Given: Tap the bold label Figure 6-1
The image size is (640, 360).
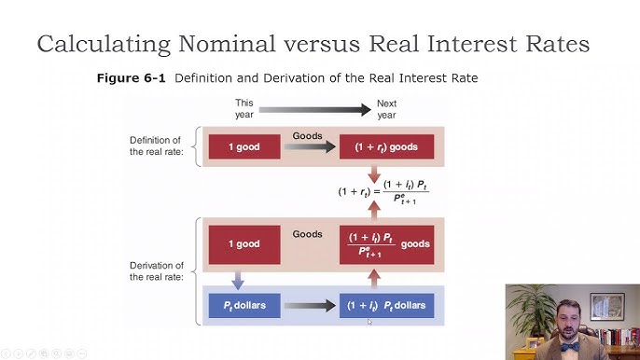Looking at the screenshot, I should click(132, 78).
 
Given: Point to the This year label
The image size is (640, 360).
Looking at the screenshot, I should click(244, 109).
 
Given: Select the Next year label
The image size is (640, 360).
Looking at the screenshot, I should click(386, 109).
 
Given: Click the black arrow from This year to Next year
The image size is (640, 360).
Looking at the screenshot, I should click(315, 109).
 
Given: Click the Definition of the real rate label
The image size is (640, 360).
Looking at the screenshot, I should click(155, 145).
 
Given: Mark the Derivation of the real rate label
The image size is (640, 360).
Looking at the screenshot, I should click(155, 271).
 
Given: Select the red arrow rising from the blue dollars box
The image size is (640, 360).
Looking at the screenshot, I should click(373, 277).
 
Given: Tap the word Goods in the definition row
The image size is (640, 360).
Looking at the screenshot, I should click(308, 135).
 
